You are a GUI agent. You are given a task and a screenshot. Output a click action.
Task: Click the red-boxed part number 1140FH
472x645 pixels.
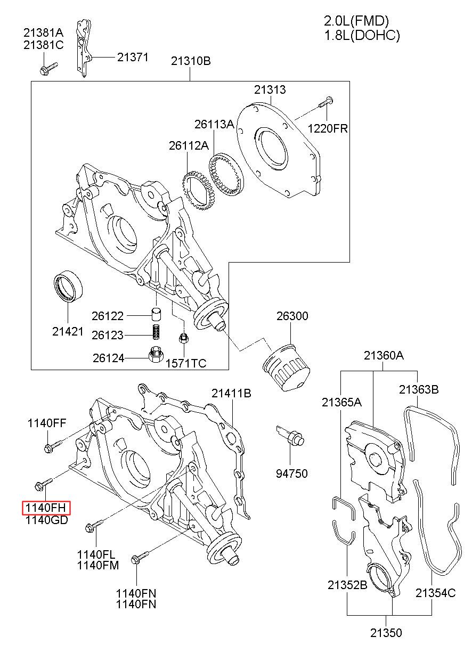pos(46,508)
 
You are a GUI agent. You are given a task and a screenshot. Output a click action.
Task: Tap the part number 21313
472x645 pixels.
pos(270,90)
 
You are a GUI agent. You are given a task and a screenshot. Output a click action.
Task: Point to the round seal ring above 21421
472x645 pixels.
pos(69,288)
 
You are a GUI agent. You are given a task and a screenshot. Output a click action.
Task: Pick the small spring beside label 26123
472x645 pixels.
pos(155,332)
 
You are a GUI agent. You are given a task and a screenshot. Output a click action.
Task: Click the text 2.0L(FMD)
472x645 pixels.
pos(356,21)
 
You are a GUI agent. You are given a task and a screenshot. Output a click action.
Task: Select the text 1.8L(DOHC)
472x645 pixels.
pos(362,35)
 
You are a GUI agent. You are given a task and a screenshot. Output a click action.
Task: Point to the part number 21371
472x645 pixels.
pos(133,57)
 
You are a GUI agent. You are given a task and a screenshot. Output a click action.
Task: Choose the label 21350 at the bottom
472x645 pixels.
pos(386,633)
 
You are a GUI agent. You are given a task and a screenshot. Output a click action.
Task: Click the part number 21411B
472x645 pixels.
pos(231,394)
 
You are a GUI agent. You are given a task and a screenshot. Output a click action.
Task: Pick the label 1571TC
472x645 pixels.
pos(186,364)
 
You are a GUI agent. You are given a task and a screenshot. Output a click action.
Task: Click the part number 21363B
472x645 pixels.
pos(419,390)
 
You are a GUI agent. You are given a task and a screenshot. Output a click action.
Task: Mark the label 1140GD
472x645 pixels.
pos(46,521)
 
